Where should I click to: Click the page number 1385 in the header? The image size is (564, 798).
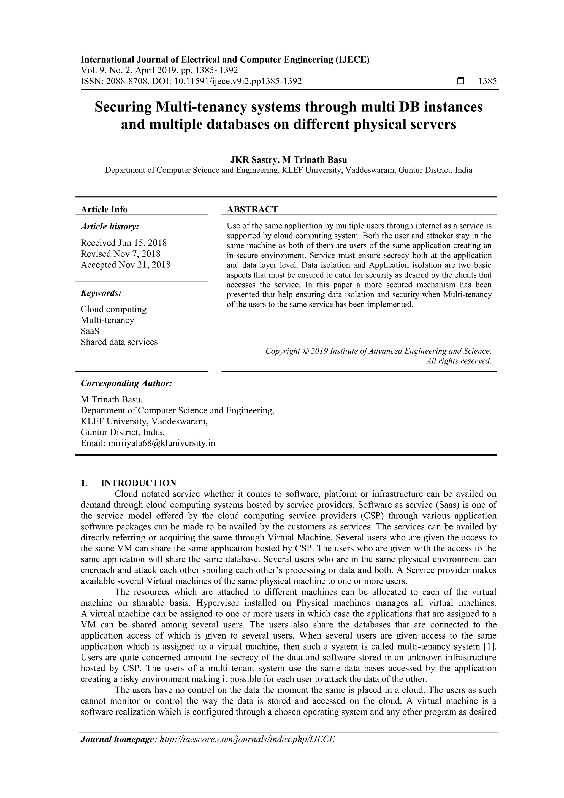[x=487, y=81]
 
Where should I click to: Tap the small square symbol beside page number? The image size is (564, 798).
[x=461, y=81]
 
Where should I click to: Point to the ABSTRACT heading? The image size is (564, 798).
[x=252, y=209]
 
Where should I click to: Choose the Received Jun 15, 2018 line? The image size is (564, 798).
[x=124, y=243]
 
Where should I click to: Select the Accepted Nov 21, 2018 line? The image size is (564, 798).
[x=126, y=264]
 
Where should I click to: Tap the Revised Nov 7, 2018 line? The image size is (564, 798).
[x=121, y=254]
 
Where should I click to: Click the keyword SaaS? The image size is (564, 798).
[x=90, y=331]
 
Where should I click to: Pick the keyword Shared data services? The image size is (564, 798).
[x=119, y=342]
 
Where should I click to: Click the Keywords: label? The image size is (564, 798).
[x=101, y=293]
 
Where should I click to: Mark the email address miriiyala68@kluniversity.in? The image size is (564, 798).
[x=162, y=443]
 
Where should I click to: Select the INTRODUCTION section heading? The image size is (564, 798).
[x=138, y=483]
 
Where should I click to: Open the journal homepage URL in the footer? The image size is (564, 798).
[x=247, y=739]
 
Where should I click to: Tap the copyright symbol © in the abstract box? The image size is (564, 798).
[x=305, y=351]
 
